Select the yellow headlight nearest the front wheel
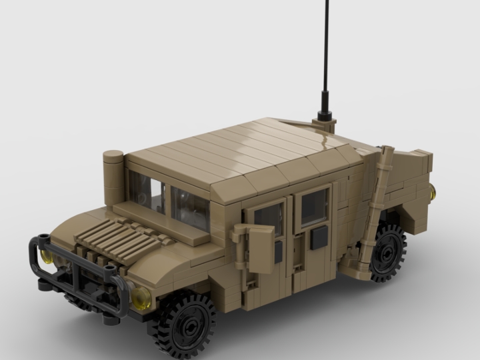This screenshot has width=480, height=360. click(141, 297)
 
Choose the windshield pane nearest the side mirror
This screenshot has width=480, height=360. click(190, 207)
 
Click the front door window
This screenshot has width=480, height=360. click(269, 217)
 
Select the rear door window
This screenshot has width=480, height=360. click(314, 206)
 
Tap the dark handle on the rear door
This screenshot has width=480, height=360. click(319, 237)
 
